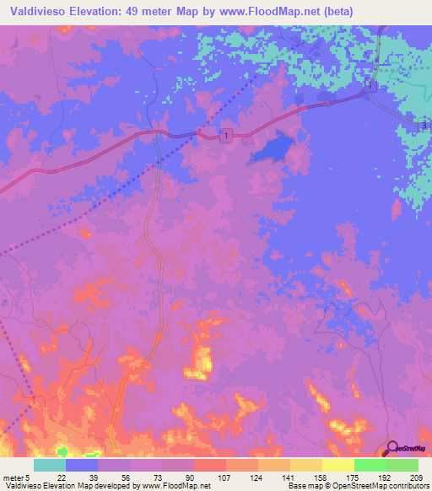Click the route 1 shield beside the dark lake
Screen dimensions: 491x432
click(x=225, y=136)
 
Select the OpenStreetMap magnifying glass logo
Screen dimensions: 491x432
click(x=391, y=448)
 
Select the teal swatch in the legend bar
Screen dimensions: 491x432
click(x=50, y=465)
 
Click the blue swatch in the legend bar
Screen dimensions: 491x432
click(x=82, y=465)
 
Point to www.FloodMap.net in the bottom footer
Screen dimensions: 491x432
click(x=173, y=485)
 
